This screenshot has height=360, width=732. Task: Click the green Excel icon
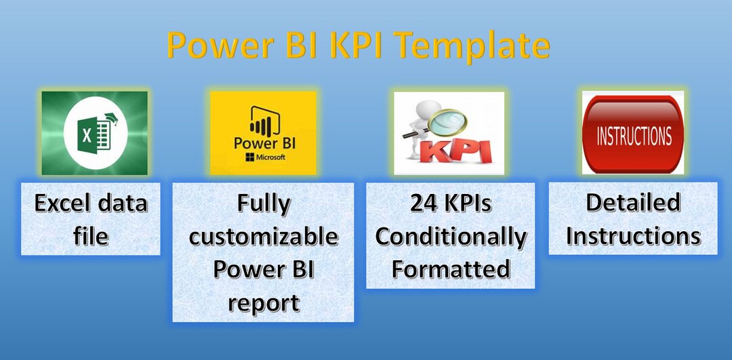(94, 133)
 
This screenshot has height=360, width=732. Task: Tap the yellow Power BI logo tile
(262, 133)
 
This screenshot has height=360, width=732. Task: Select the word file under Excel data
(91, 236)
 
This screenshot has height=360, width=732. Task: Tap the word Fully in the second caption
(263, 203)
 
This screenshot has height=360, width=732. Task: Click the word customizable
(263, 236)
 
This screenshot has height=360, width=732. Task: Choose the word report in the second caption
(263, 302)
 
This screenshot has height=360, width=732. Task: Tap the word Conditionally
(451, 236)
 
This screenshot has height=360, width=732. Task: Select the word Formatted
(451, 269)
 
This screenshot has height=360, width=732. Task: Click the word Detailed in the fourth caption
(633, 202)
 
